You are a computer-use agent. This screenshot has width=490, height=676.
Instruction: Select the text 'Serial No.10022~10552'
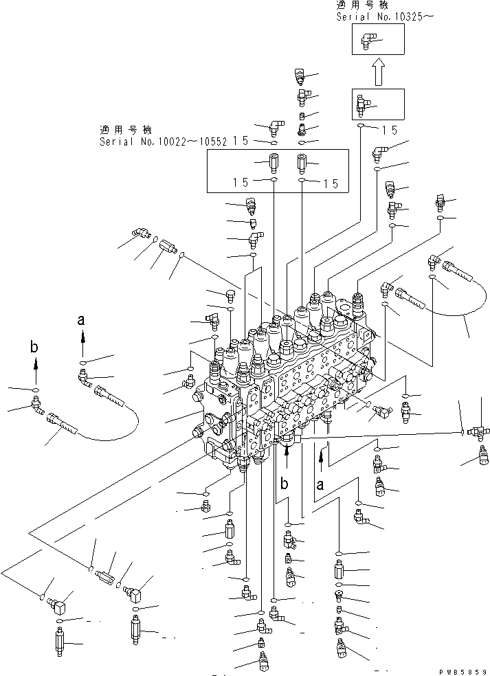pyautogui.click(x=163, y=142)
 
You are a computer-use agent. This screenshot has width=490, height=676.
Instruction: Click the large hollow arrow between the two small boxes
pyautogui.click(x=377, y=71)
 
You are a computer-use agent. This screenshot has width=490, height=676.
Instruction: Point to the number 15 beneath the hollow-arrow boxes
pyautogui.click(x=390, y=128)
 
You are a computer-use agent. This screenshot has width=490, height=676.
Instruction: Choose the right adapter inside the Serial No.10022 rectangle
pyautogui.click(x=302, y=164)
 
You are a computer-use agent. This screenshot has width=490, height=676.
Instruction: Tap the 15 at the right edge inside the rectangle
pyautogui.click(x=331, y=183)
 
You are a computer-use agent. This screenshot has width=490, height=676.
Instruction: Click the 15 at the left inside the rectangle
pyautogui.click(x=240, y=183)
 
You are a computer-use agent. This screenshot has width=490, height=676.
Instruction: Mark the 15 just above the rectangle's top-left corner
pyautogui.click(x=240, y=141)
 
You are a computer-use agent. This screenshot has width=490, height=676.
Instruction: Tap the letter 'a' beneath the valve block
pyautogui.click(x=320, y=484)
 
